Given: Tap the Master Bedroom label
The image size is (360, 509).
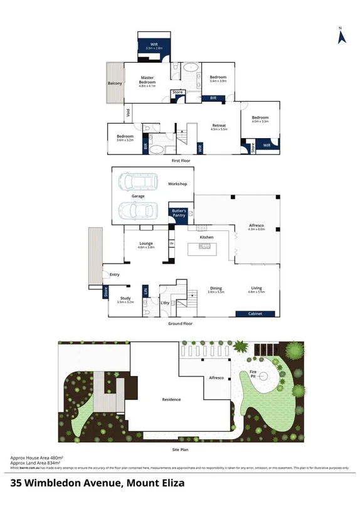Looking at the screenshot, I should point(147,80).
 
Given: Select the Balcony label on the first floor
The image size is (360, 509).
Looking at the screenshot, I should point(114,83).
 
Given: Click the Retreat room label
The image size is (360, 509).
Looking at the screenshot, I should point(219,126).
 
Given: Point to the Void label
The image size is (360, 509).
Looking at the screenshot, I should point(128,113).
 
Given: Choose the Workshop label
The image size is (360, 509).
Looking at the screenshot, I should point(177,184).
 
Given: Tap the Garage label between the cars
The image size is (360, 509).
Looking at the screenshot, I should point(138,196).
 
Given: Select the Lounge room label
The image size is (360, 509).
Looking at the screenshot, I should point(146,244).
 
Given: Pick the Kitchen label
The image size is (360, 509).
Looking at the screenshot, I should point(207,238).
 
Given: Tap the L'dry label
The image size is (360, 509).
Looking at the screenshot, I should point(166,304).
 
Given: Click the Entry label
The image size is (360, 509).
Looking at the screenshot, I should point(114,274).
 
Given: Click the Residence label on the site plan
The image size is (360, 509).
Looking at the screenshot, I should point(171,399).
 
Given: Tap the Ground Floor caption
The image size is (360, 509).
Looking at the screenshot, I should point(180,324).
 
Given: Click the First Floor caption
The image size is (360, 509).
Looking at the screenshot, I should point(181,161).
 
